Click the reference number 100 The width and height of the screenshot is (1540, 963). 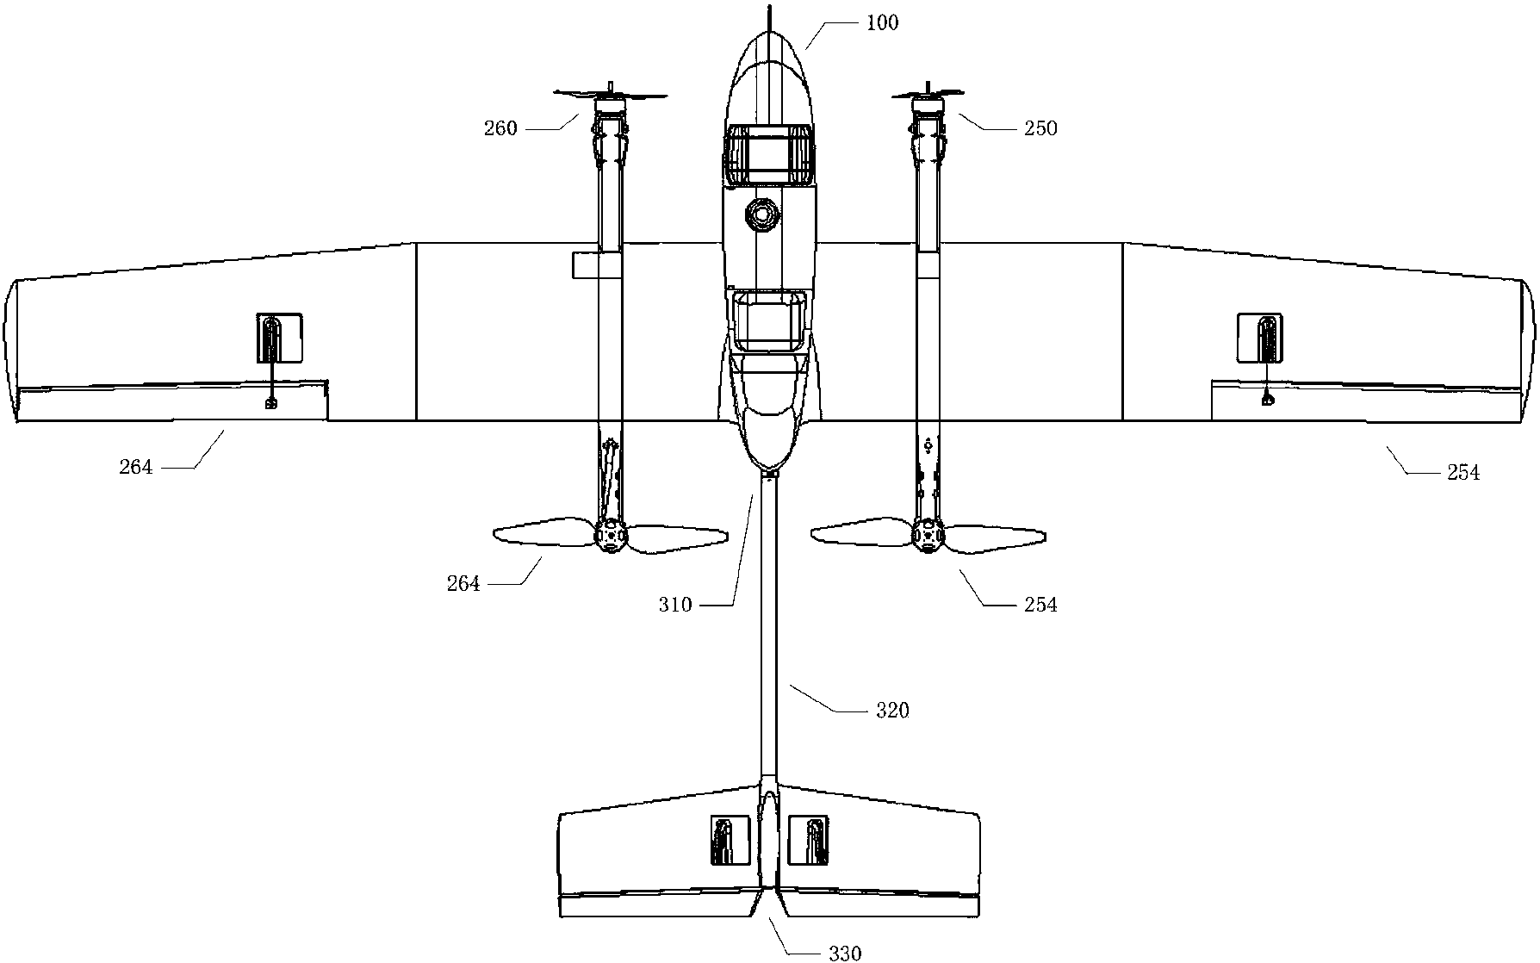point(882,23)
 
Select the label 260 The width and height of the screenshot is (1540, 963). point(501,128)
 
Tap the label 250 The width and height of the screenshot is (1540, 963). point(1040,128)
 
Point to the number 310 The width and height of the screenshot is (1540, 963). point(675,605)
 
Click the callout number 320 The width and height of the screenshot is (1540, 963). point(892,711)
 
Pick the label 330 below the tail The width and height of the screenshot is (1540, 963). point(845,953)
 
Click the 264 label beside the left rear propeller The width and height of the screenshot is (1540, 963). point(463,584)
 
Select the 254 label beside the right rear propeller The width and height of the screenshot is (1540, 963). point(1040,605)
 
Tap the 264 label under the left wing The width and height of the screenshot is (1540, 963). point(136,467)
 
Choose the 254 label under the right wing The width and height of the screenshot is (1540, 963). point(1463,472)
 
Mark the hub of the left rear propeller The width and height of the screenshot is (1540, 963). point(612,536)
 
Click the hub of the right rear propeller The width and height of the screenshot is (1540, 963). point(929,535)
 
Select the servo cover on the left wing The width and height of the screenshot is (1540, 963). point(280,337)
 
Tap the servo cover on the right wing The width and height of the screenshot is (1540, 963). point(1259,338)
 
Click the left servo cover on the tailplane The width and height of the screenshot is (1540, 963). point(724,840)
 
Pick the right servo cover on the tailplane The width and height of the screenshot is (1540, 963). point(809,840)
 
